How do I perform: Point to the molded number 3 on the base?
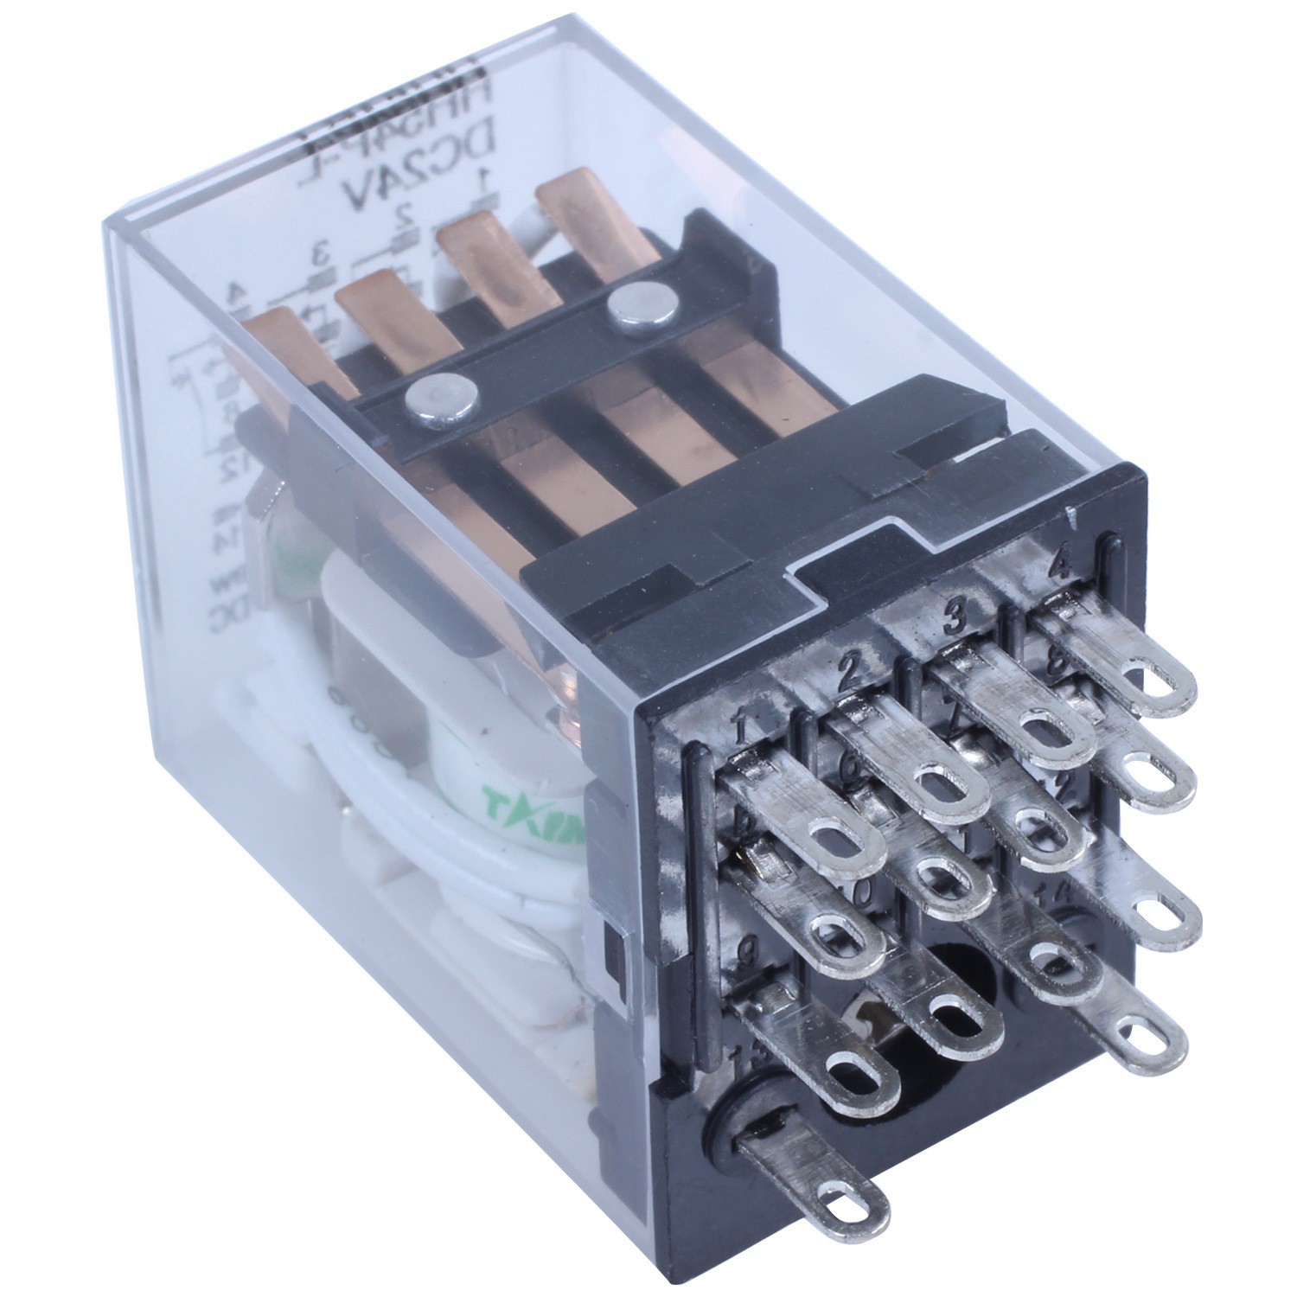click(x=955, y=617)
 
